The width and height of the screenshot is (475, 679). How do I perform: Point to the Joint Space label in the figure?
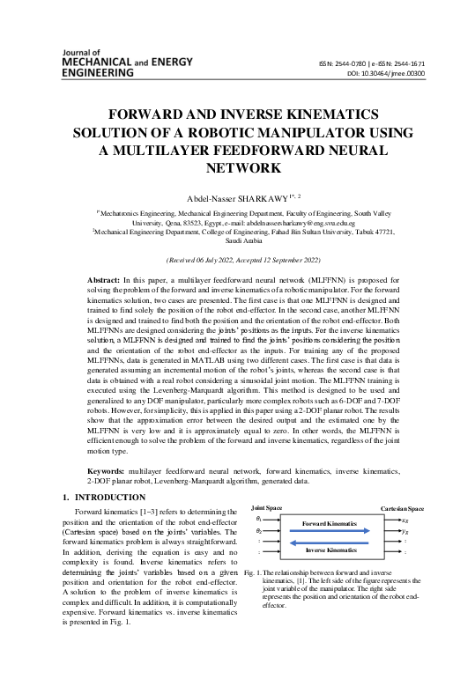(267, 509)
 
